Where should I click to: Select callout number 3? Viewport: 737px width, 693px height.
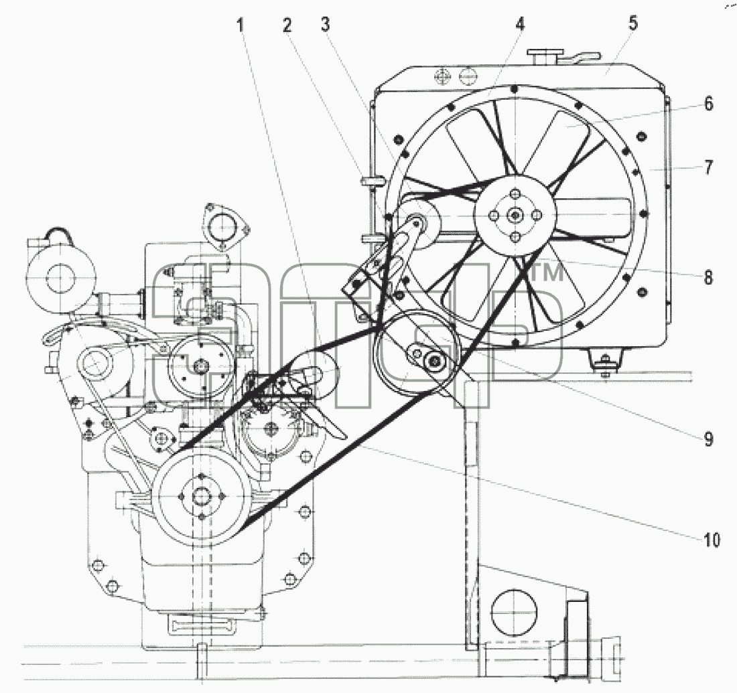point(326,24)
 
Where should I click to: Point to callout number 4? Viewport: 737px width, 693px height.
point(520,24)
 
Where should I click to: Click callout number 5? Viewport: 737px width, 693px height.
point(633,23)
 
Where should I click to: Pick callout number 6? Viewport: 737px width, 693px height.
point(708,103)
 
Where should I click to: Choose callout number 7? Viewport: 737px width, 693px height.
point(708,167)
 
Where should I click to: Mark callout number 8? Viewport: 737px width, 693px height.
point(708,277)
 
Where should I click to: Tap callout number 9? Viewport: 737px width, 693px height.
point(708,439)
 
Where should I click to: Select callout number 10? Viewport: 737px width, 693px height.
point(712,540)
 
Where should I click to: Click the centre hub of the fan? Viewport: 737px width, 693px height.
point(516,215)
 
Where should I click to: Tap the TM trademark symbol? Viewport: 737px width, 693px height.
point(547,273)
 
